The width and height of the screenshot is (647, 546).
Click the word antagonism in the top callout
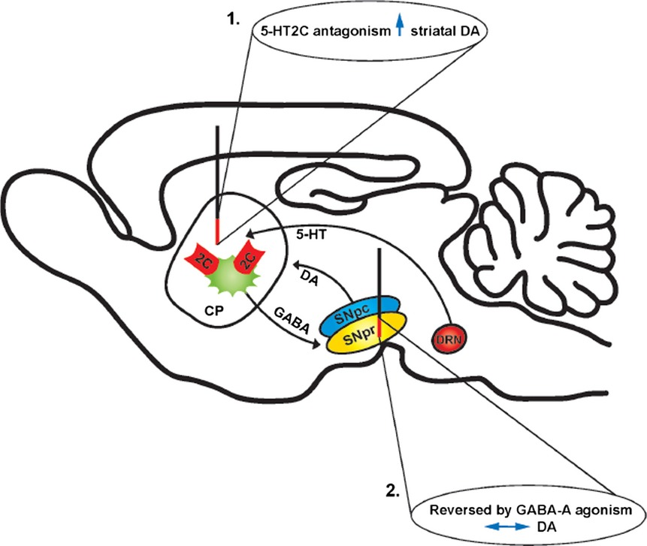click(x=351, y=30)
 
